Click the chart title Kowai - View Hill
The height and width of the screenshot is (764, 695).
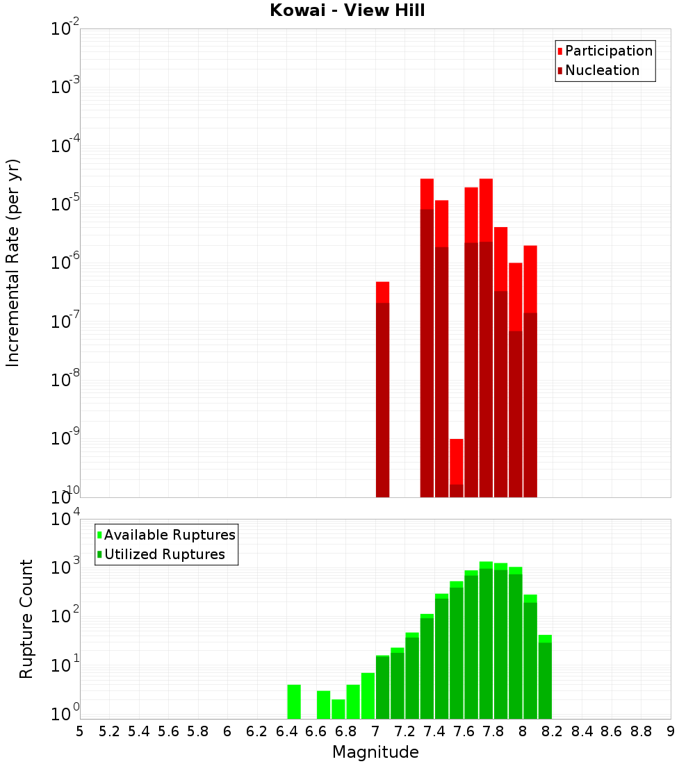point(347,11)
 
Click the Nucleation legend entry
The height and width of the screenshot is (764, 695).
point(601,70)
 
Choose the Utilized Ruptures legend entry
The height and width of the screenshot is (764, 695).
point(164,554)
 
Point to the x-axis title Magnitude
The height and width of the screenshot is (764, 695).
point(375,751)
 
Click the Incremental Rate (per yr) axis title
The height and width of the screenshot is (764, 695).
point(13,263)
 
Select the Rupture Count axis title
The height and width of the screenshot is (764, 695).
point(26,618)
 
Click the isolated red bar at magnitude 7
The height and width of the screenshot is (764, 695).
point(382,389)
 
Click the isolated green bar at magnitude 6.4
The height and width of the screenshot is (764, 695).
point(294,701)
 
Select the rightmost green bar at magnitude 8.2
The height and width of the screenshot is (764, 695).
point(545,676)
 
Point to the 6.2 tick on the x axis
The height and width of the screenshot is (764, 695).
point(257,731)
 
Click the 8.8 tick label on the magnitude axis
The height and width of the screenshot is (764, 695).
point(641,731)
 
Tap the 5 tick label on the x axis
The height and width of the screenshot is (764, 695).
point(80,731)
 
